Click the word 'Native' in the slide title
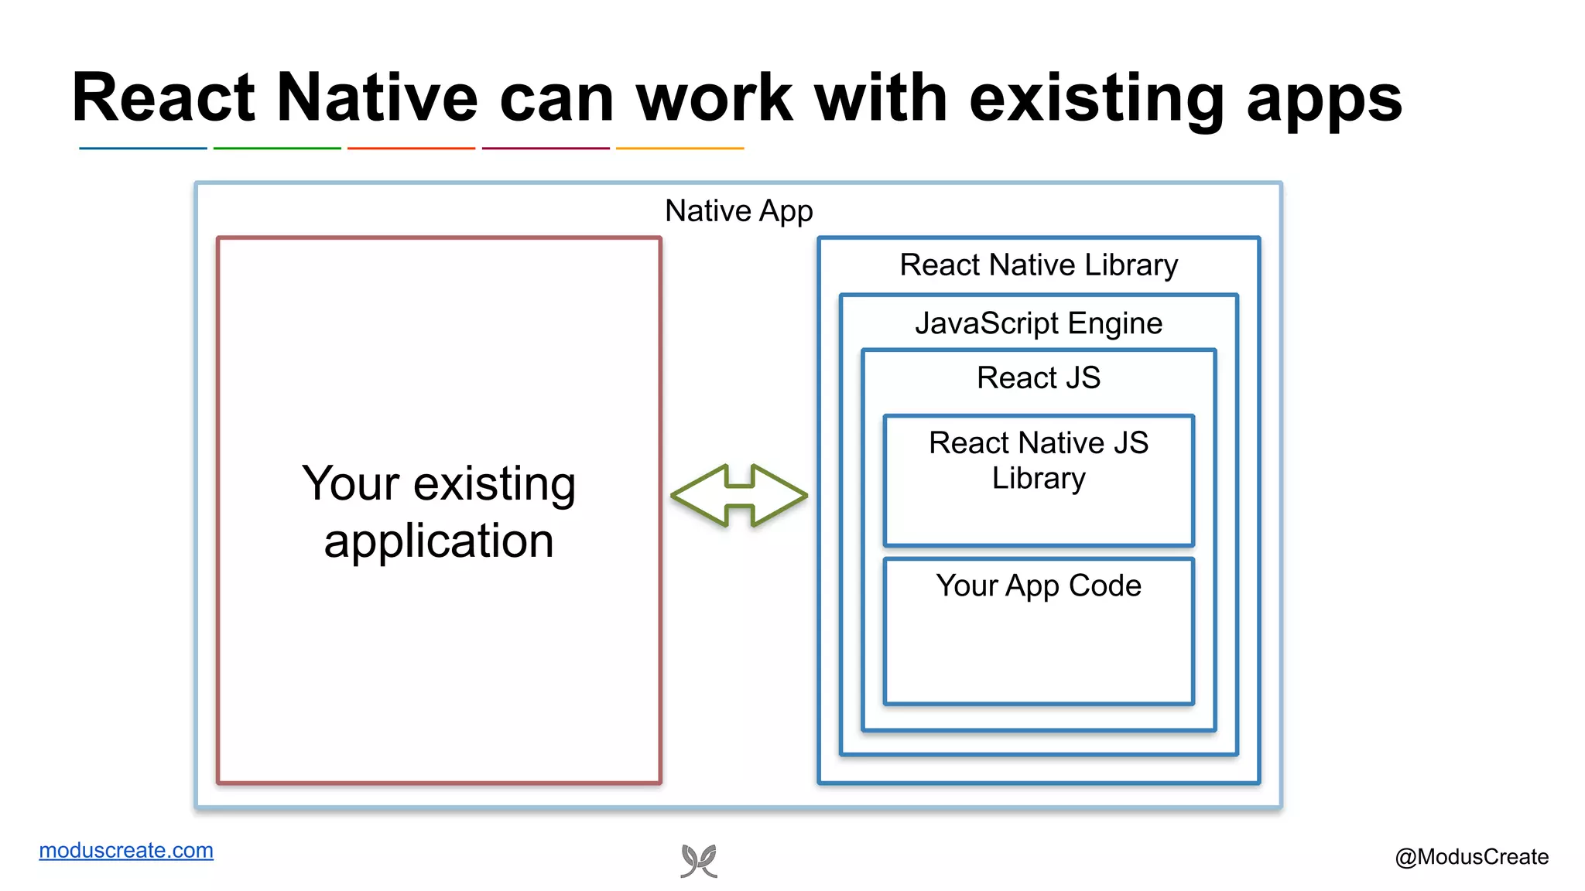click(x=377, y=98)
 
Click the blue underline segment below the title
click(x=143, y=148)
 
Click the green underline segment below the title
click(x=277, y=148)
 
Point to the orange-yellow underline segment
click(x=680, y=148)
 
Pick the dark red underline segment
click(x=546, y=148)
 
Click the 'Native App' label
click(x=738, y=211)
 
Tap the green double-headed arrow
click(x=739, y=496)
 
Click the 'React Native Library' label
click(x=1038, y=265)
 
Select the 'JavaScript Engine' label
click(x=1038, y=323)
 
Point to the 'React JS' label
click(x=1038, y=378)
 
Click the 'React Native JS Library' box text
click(x=1038, y=460)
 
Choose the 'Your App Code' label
click(x=1038, y=586)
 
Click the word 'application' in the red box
click(x=439, y=541)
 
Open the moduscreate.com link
click(x=126, y=850)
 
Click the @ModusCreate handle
click(x=1471, y=857)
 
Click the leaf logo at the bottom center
click(x=699, y=861)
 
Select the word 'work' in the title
click(x=714, y=98)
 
